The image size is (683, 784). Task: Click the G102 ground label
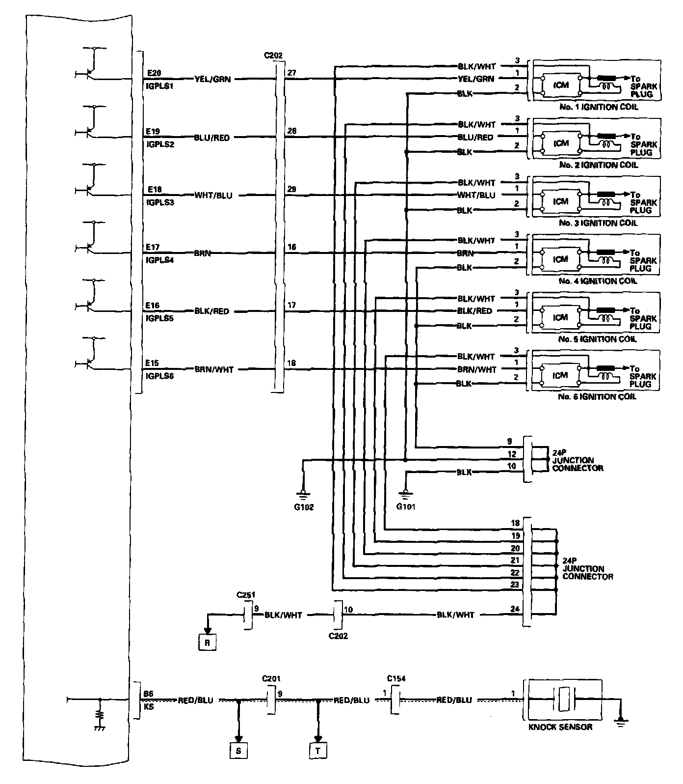(303, 507)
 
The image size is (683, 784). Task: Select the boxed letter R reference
(208, 643)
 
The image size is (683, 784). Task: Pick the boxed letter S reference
(238, 751)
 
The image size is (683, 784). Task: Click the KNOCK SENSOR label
(560, 727)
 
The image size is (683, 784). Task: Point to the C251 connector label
(246, 595)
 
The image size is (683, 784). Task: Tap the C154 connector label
(395, 679)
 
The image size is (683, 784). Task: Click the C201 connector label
(271, 679)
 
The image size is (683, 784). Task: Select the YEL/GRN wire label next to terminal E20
(212, 79)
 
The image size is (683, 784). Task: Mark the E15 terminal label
(152, 363)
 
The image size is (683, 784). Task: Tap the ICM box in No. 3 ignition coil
(560, 201)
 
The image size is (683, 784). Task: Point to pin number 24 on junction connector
(515, 609)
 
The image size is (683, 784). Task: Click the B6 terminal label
(148, 694)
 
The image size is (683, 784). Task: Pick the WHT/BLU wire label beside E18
(213, 196)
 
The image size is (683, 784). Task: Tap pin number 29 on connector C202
(292, 189)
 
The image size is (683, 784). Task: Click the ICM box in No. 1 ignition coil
(560, 85)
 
